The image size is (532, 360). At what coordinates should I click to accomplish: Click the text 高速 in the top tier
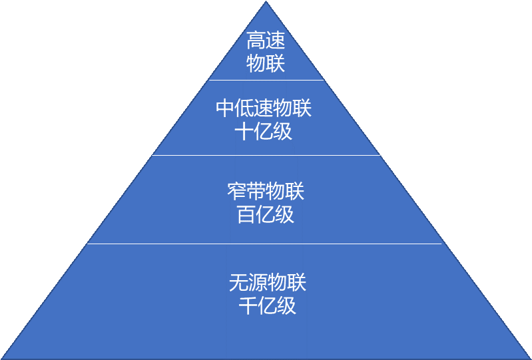pos(266,41)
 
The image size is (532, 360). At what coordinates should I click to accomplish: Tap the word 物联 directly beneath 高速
pos(266,64)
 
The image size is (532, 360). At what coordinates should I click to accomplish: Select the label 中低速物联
pos(264,108)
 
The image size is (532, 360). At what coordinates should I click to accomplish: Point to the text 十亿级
pos(264,131)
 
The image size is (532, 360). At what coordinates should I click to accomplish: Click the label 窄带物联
pos(266,192)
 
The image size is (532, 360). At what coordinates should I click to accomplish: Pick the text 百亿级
pos(266,215)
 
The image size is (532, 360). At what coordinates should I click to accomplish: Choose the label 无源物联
pos(267,283)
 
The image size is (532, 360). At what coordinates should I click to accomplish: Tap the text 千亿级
pos(267,305)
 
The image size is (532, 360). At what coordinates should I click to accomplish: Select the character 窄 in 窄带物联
pos(236,192)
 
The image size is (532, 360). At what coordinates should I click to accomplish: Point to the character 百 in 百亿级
pos(246,215)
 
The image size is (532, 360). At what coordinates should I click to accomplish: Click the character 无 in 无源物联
pos(238,283)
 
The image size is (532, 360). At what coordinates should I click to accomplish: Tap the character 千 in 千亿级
pos(248,305)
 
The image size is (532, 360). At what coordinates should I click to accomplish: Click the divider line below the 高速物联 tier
pos(266,80)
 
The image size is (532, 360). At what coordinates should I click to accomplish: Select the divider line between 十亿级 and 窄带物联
pos(266,156)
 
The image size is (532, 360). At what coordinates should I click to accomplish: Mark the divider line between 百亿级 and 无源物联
pos(266,244)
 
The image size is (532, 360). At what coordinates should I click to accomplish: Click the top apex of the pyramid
pos(266,3)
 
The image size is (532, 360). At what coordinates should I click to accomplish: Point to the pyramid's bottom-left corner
pos(3,357)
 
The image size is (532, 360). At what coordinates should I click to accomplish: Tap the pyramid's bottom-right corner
pos(529,357)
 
